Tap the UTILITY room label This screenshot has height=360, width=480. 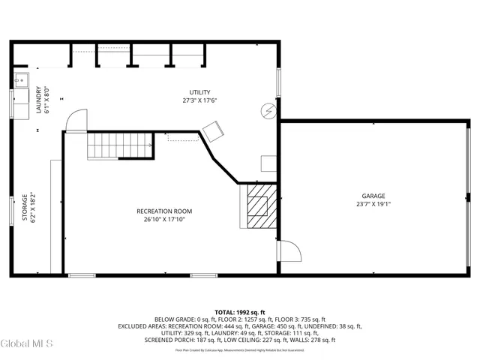click(x=199, y=92)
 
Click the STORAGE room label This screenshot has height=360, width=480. click(x=24, y=207)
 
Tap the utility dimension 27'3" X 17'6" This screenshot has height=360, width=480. click(x=199, y=100)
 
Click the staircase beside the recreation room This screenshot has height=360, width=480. click(x=120, y=144)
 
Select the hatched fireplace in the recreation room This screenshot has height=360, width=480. click(x=259, y=204)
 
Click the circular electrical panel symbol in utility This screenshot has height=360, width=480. click(x=268, y=111)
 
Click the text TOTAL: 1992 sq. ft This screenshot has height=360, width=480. click(x=240, y=312)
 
